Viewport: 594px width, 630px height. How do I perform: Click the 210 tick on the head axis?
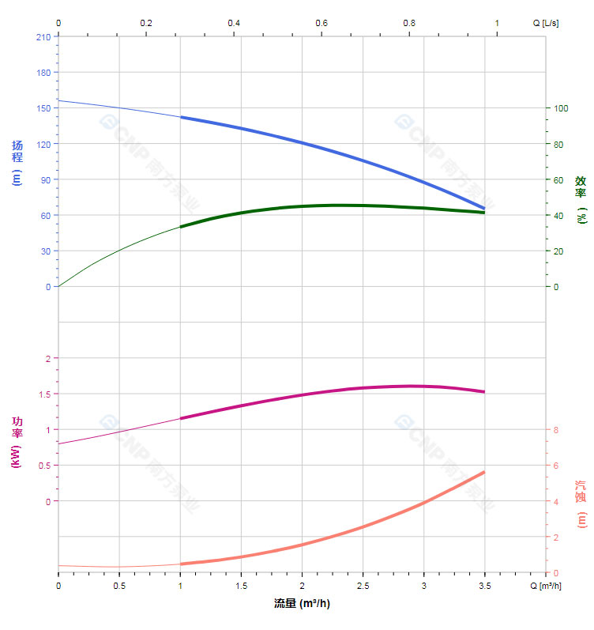(x=43, y=36)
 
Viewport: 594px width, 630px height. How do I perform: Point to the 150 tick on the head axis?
(x=43, y=108)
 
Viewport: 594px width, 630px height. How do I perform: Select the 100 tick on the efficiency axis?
(x=561, y=108)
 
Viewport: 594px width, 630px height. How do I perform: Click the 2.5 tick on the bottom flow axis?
(x=363, y=586)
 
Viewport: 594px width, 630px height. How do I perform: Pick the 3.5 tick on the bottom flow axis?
(x=484, y=586)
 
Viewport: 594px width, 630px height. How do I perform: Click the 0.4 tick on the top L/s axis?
(x=234, y=23)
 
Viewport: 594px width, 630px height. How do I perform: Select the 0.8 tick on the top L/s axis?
(x=409, y=23)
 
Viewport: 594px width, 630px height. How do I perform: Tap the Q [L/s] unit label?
(x=546, y=23)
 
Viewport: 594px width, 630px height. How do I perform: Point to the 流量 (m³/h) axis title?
(x=302, y=604)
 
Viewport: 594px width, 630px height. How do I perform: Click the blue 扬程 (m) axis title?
(x=17, y=162)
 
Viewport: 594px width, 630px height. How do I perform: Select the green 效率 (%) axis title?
(x=581, y=198)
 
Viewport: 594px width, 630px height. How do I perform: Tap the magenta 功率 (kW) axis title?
(x=17, y=443)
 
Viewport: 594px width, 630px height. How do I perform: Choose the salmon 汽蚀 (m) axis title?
(x=581, y=504)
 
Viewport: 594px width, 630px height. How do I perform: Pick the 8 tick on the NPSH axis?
(x=556, y=430)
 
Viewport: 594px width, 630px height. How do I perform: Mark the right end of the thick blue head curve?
(x=484, y=209)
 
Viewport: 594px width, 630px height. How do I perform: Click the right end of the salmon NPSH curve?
(x=484, y=472)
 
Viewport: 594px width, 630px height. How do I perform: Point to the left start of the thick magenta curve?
(x=181, y=418)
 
